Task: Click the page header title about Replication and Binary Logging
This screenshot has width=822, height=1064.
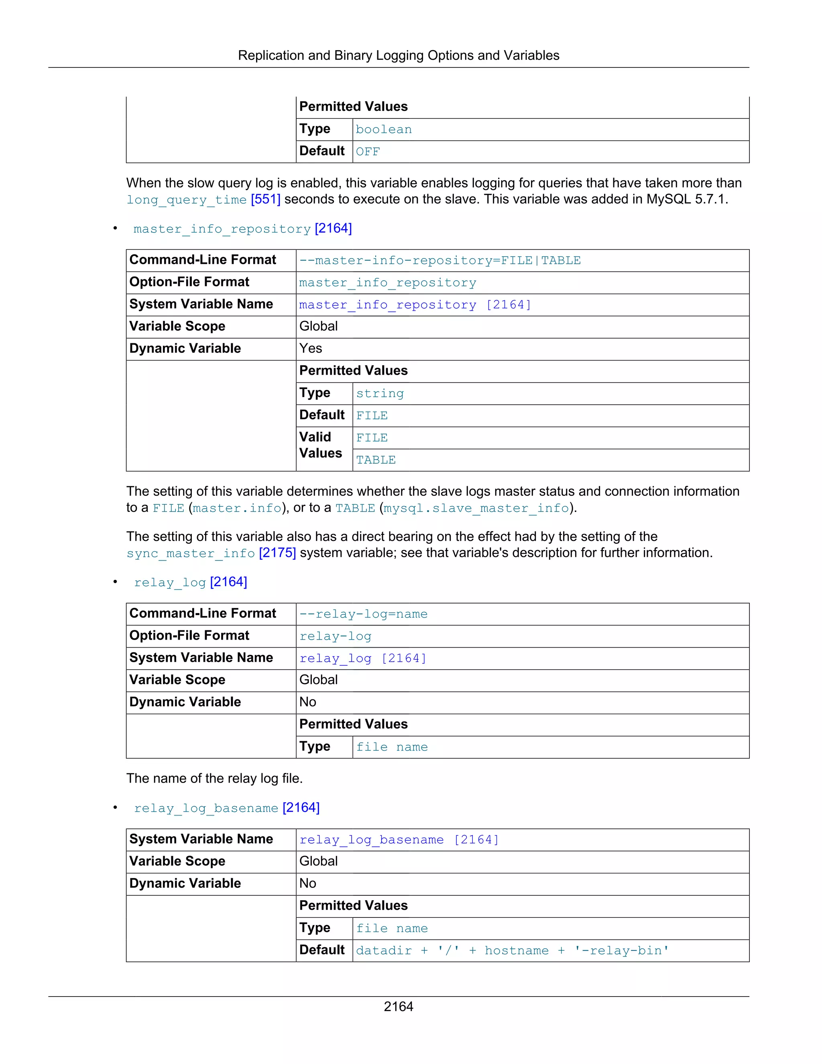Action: click(398, 55)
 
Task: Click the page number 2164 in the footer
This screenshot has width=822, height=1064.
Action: click(398, 1006)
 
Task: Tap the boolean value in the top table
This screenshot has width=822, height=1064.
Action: click(384, 130)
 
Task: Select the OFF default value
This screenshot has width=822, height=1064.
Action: click(368, 151)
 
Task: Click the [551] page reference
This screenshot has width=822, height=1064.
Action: click(265, 200)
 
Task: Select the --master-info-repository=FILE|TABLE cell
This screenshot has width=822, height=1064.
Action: click(440, 261)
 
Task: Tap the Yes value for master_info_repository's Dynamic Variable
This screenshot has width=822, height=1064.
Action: click(311, 349)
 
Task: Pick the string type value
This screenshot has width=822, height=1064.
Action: click(380, 393)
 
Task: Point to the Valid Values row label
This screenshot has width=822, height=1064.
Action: click(320, 445)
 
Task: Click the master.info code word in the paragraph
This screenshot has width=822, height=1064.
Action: click(237, 509)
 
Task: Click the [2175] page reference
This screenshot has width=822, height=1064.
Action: click(277, 553)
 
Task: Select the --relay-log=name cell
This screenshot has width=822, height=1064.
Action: click(363, 614)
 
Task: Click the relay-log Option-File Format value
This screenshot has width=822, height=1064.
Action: click(336, 637)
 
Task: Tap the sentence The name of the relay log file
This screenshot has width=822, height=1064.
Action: click(214, 779)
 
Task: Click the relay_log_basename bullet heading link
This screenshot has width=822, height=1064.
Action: click(206, 809)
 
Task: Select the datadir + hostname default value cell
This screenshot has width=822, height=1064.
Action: click(512, 951)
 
